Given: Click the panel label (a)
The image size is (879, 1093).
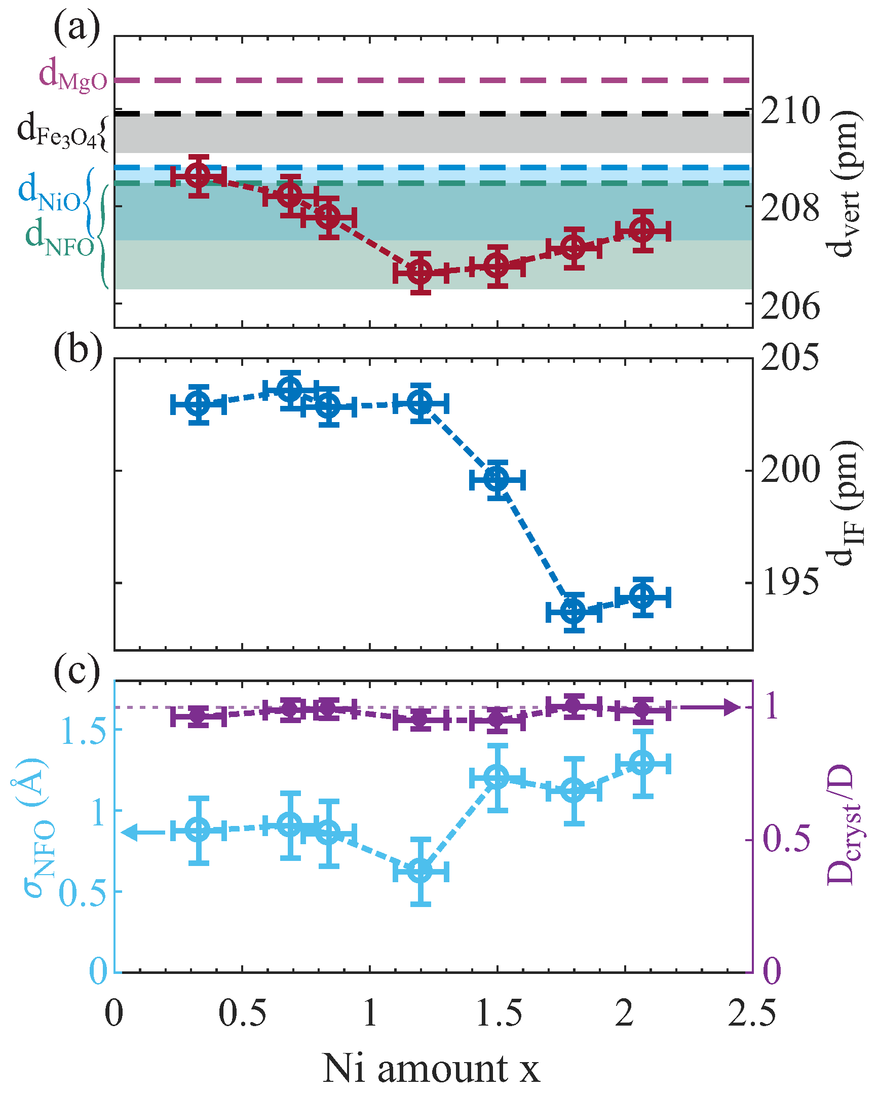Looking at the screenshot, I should [x=77, y=28].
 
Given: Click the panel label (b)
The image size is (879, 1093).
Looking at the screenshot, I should [x=78, y=349].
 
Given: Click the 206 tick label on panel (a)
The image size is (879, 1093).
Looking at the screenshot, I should [x=790, y=306].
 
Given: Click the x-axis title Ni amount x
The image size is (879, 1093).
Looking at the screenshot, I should [x=430, y=1067].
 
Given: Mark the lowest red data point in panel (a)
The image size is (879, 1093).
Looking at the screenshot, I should [x=420, y=273].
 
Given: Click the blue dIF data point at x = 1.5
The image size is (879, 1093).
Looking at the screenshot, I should [x=497, y=479].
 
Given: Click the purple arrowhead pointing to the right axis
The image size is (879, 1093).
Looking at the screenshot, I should [x=733, y=707].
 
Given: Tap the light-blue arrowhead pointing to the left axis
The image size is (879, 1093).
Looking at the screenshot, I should [x=129, y=832].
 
